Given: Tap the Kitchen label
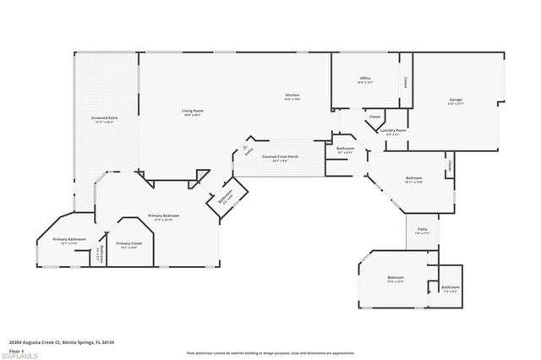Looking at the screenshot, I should (292, 95).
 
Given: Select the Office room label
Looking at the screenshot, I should (365, 79).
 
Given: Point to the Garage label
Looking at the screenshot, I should (456, 100).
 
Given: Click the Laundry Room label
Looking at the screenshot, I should (394, 130).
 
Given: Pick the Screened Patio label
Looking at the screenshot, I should (104, 118).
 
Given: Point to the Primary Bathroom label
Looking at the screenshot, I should (70, 239).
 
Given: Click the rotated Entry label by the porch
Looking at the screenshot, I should (248, 152).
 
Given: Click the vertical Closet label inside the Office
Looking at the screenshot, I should (405, 84).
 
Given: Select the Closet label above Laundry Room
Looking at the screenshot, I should (374, 116).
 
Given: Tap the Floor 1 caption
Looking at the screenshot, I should (17, 350).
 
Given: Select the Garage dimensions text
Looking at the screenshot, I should (456, 105).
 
